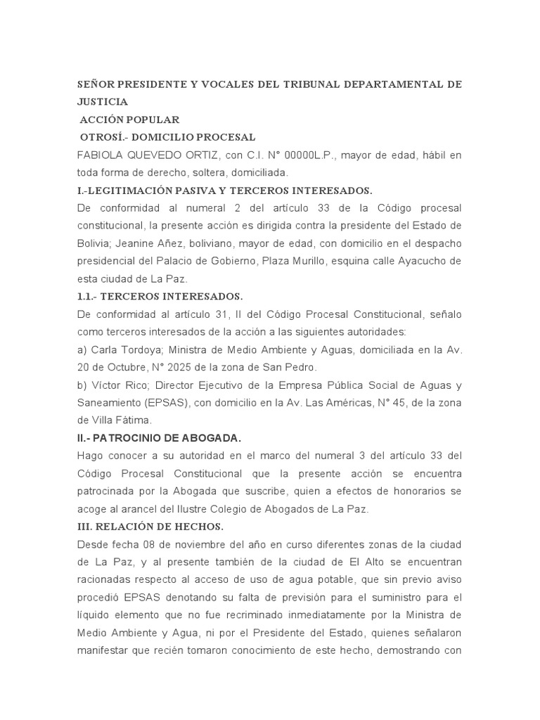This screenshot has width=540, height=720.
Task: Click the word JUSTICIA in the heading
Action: point(102,102)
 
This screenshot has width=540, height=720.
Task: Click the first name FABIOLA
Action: point(102,155)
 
